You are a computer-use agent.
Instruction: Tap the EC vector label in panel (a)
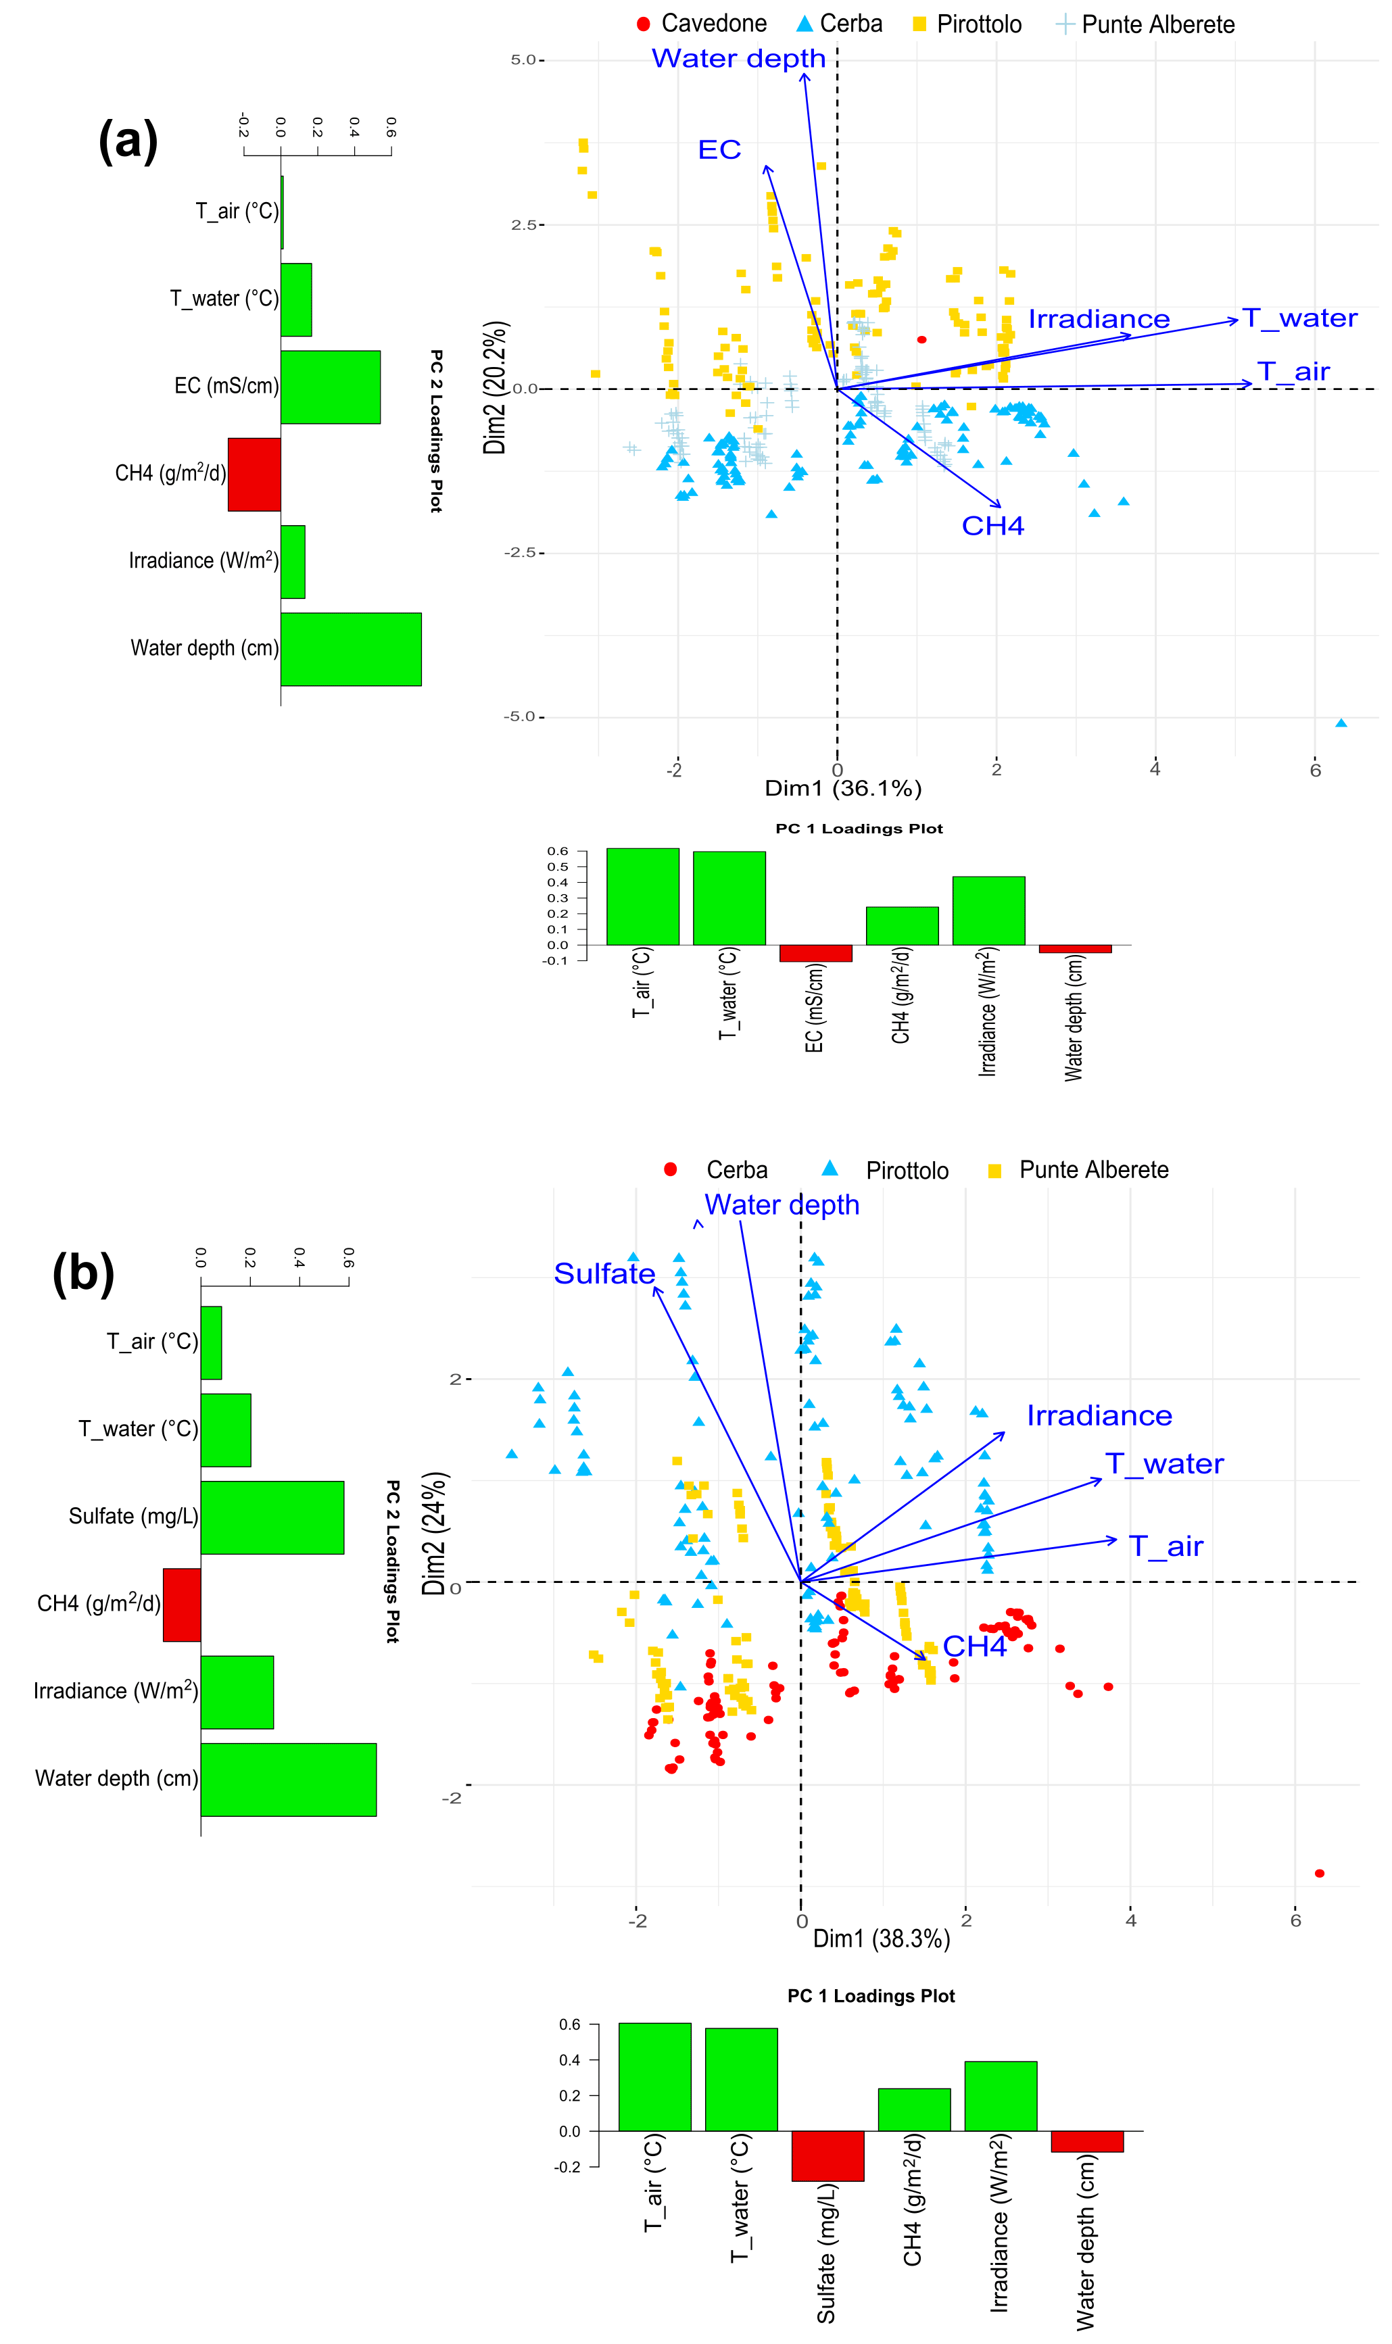[719, 150]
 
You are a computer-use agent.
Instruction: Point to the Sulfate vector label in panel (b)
[604, 1273]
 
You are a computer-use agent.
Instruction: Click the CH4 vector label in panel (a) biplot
[992, 526]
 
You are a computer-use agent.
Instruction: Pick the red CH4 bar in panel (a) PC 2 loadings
[254, 474]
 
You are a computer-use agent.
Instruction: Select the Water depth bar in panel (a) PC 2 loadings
[351, 649]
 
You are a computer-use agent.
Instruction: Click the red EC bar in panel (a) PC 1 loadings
[815, 952]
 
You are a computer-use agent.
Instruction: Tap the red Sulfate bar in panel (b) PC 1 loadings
[827, 2155]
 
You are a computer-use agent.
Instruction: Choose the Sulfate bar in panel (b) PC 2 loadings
[272, 1517]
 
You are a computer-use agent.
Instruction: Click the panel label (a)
[128, 141]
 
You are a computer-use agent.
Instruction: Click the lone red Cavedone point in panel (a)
[922, 339]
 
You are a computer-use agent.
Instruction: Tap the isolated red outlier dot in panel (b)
[1319, 1874]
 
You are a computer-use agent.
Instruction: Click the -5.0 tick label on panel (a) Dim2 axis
[521, 717]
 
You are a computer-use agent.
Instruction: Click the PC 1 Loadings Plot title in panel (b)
[871, 1996]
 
